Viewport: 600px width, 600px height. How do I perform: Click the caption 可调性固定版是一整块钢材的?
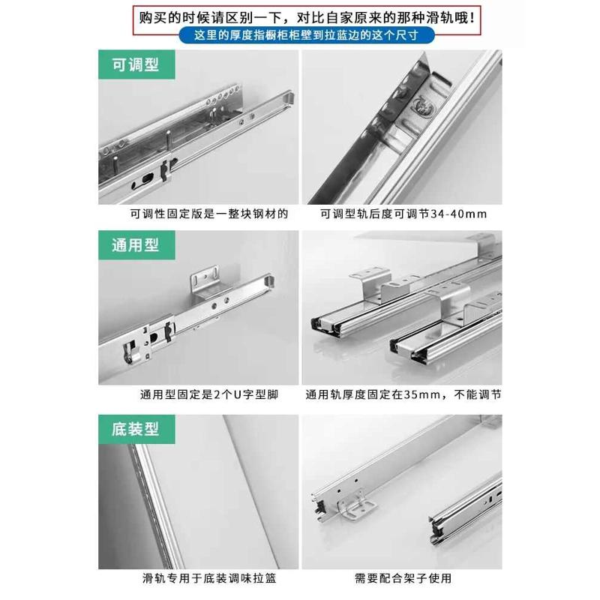click(x=198, y=214)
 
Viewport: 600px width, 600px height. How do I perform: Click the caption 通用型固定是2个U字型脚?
click(x=198, y=394)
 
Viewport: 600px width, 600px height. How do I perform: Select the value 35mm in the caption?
click(x=420, y=394)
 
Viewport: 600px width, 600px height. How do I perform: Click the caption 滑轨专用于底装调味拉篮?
click(x=198, y=578)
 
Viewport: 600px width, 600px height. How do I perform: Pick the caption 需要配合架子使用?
click(x=403, y=578)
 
